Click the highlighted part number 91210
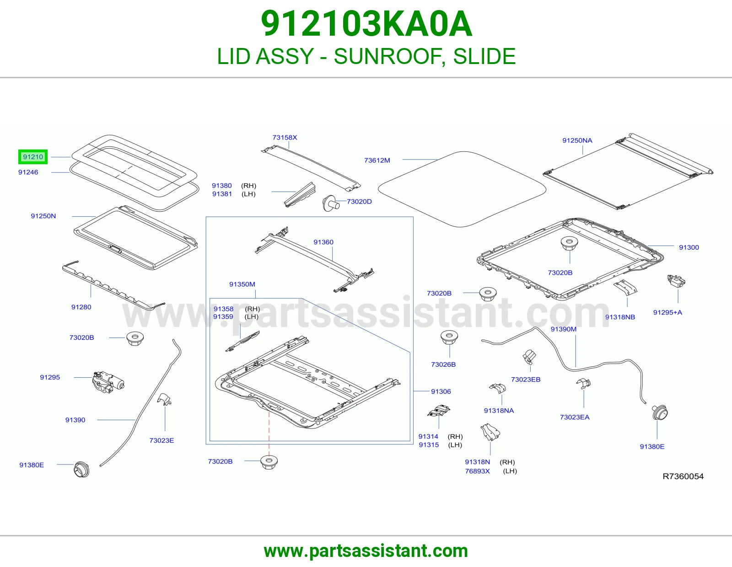click(33, 157)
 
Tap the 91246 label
click(28, 172)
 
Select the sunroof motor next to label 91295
click(108, 381)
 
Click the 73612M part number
click(377, 160)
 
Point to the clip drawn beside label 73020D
click(331, 203)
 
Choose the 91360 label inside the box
click(323, 242)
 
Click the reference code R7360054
click(683, 476)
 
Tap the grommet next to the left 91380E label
click(81, 469)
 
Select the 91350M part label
click(242, 284)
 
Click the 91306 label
click(441, 391)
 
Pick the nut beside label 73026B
click(449, 337)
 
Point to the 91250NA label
click(577, 140)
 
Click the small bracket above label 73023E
click(165, 399)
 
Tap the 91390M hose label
click(564, 329)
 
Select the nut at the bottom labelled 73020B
click(269, 462)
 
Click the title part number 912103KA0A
click(366, 24)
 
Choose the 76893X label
click(477, 471)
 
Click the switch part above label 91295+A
click(676, 281)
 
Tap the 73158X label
click(285, 137)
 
